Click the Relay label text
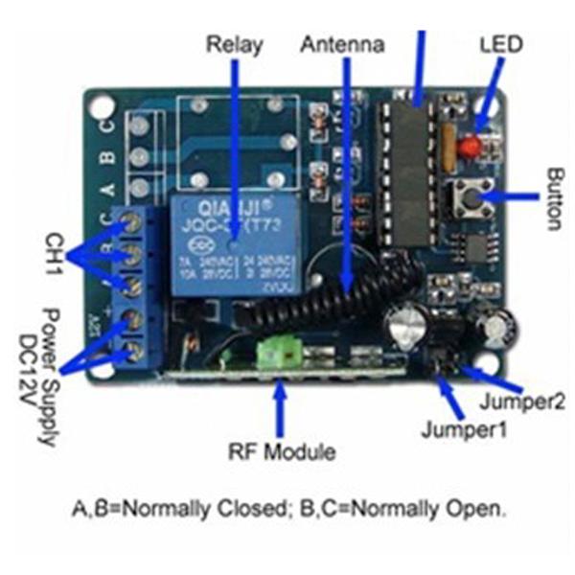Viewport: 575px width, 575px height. point(234,44)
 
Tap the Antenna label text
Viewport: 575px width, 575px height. point(342,44)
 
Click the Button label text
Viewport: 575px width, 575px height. point(556,199)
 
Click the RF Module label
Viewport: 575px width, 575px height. point(282,450)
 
